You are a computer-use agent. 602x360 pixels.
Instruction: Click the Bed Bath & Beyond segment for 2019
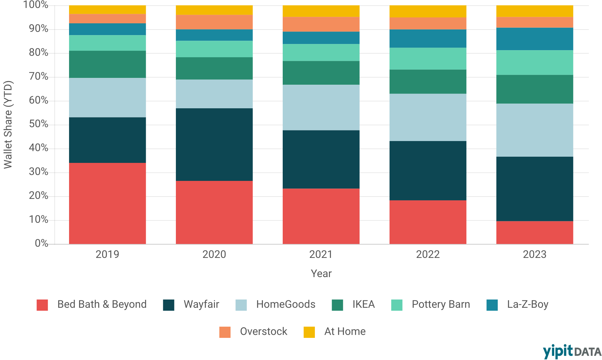pyautogui.click(x=107, y=203)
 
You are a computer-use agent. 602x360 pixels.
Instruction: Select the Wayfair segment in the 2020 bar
pyautogui.click(x=214, y=145)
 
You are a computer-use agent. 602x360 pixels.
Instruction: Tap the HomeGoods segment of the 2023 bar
pyautogui.click(x=535, y=130)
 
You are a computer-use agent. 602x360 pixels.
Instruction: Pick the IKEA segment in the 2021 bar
pyautogui.click(x=321, y=73)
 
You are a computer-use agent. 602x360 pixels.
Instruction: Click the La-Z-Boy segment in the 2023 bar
pyautogui.click(x=535, y=39)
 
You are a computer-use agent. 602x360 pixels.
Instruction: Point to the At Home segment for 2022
pyautogui.click(x=428, y=11)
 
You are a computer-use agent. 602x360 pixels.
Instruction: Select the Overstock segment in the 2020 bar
pyautogui.click(x=214, y=22)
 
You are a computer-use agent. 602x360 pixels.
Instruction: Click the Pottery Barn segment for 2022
pyautogui.click(x=428, y=59)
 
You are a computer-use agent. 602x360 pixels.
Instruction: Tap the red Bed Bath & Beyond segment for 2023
pyautogui.click(x=535, y=233)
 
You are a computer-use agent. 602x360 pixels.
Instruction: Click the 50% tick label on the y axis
pyautogui.click(x=38, y=124)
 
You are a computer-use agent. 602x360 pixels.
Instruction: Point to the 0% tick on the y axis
pyautogui.click(x=41, y=243)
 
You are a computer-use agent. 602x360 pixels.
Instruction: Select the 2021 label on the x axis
pyautogui.click(x=321, y=254)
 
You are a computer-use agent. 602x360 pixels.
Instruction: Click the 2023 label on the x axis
pyautogui.click(x=535, y=254)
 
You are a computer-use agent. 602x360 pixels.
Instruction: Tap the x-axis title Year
pyautogui.click(x=321, y=274)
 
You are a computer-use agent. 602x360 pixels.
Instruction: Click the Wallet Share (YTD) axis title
pyautogui.click(x=8, y=125)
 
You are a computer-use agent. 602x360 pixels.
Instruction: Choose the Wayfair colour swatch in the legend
pyautogui.click(x=169, y=305)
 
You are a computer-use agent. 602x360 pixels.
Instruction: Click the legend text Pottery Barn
pyautogui.click(x=441, y=305)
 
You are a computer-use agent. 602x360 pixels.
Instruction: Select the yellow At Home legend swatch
pyautogui.click(x=309, y=332)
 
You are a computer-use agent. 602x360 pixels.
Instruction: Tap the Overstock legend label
pyautogui.click(x=264, y=332)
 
